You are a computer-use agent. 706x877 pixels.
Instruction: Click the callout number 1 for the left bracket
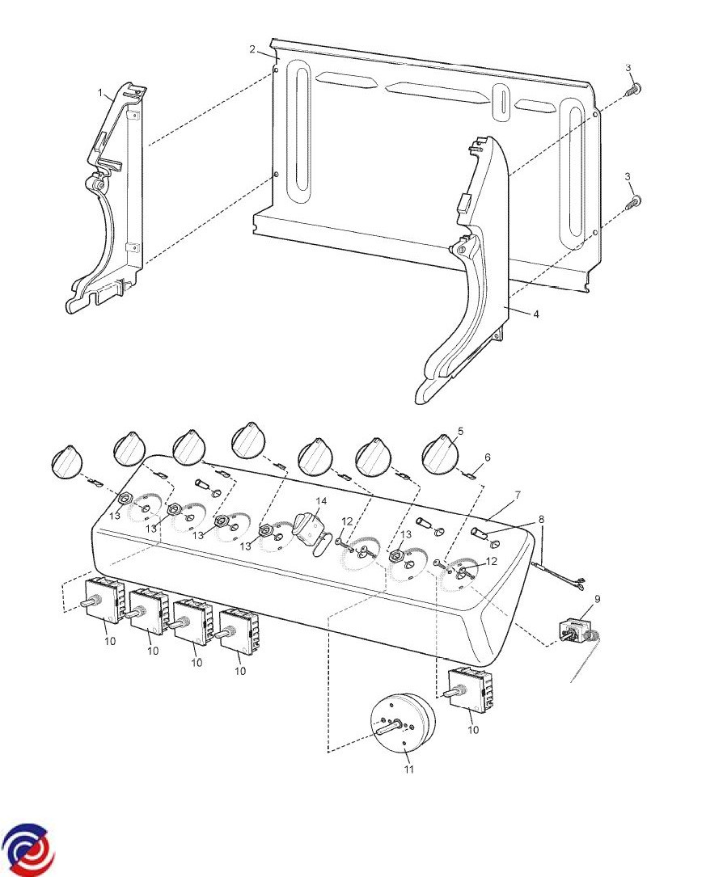point(101,94)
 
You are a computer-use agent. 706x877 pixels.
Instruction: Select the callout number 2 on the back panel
point(252,49)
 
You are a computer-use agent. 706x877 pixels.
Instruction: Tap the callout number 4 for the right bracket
point(536,314)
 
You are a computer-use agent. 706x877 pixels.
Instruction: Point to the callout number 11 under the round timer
point(409,769)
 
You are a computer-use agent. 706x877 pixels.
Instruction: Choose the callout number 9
point(598,599)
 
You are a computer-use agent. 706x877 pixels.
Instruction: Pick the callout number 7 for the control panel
point(518,495)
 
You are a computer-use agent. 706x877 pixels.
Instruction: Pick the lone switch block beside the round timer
point(471,689)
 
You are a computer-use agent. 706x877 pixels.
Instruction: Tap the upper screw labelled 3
point(634,89)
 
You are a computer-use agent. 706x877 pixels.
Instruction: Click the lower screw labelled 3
point(634,201)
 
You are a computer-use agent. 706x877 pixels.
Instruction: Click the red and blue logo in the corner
point(28,849)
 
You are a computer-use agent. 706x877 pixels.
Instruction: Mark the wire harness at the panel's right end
point(560,576)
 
